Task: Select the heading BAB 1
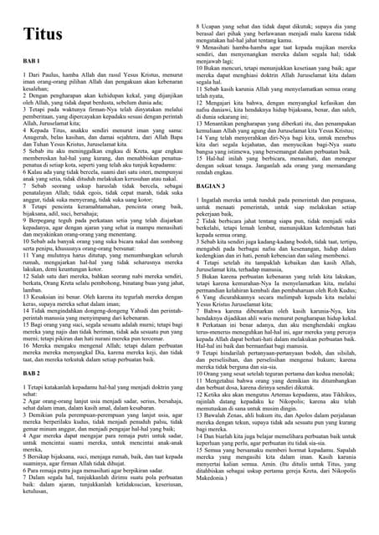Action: coord(32,64)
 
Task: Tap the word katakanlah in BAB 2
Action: coord(51,389)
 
